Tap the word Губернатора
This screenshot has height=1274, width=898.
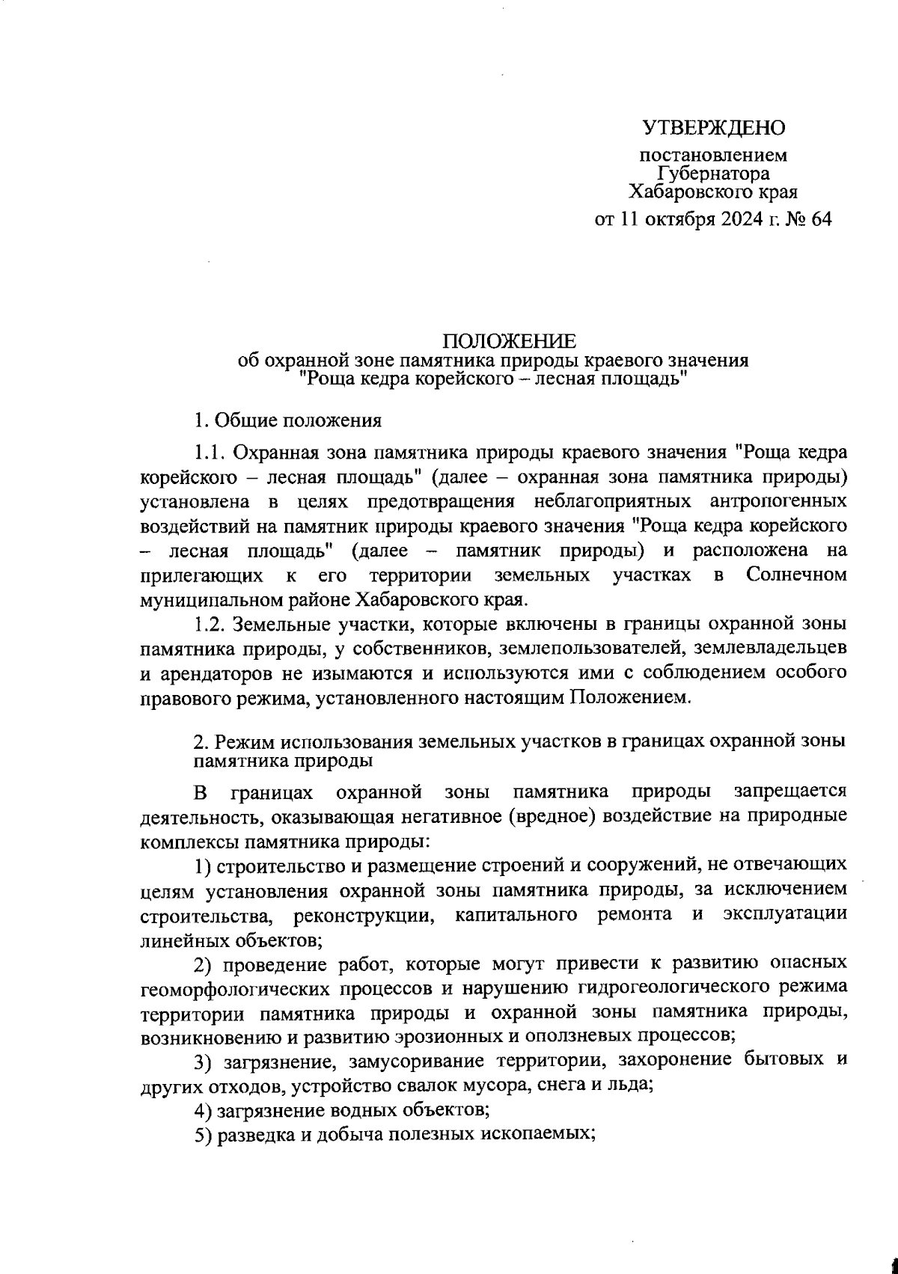click(713, 174)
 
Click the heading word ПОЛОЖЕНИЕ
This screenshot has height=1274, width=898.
click(510, 343)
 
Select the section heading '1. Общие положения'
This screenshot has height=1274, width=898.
click(288, 420)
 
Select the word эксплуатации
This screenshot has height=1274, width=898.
click(785, 914)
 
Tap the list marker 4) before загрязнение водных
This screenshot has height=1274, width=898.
click(201, 1109)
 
